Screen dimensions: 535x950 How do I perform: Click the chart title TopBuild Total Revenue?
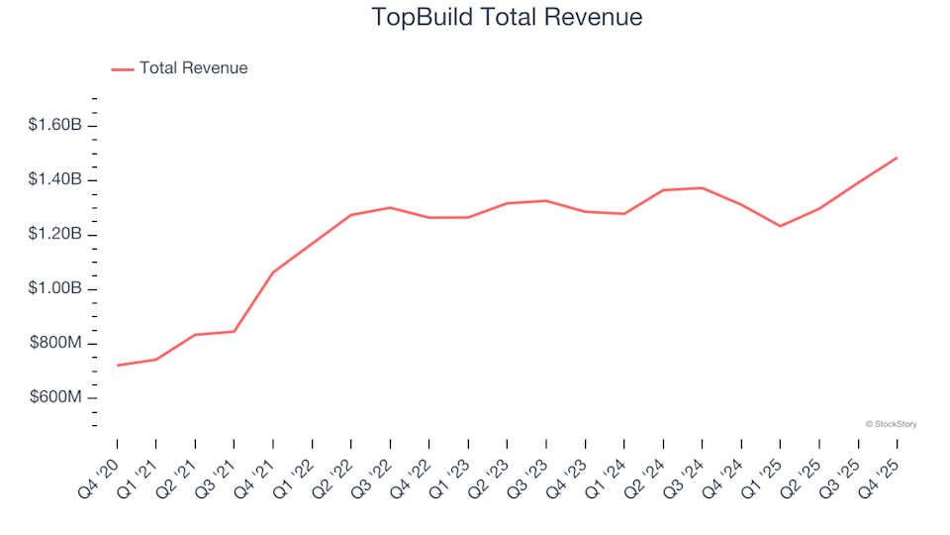click(x=507, y=18)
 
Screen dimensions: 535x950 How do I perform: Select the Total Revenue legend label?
click(x=193, y=68)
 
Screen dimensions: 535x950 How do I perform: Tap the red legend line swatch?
click(x=123, y=69)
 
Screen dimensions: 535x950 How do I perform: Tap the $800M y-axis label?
click(x=57, y=344)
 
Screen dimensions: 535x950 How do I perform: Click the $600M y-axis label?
click(x=57, y=398)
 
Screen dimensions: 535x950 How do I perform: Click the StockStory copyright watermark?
click(x=891, y=424)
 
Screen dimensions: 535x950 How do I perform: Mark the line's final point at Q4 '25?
click(x=897, y=158)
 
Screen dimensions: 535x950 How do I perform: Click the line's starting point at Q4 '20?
click(x=117, y=366)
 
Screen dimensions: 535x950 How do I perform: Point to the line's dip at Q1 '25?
click(x=780, y=226)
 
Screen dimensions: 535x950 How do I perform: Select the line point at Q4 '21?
click(x=272, y=271)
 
